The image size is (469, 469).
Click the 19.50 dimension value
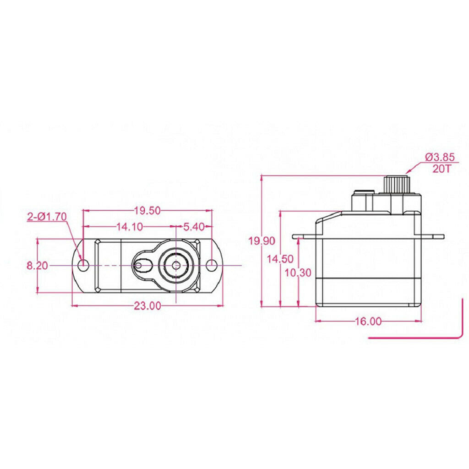[147, 211]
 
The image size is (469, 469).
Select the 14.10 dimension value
[130, 227]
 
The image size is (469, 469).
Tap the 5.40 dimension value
[194, 227]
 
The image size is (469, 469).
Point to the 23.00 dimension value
[147, 305]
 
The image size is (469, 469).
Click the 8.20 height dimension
[38, 265]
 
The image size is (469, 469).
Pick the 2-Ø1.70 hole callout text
[47, 217]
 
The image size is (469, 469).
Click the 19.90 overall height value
[262, 241]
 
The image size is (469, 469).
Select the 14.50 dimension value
[280, 259]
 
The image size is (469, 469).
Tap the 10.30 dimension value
[298, 273]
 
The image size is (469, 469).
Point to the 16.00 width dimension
[368, 321]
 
